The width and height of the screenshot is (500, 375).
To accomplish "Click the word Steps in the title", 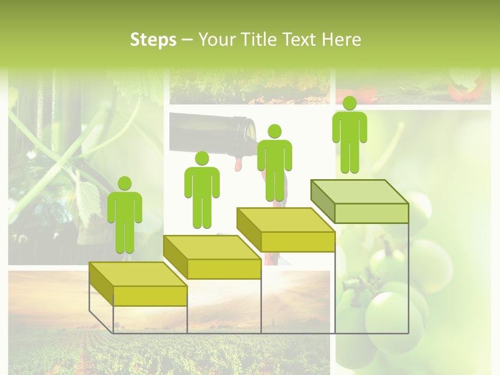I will pyautogui.click(x=153, y=40).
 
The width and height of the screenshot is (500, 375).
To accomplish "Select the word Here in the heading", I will pyautogui.click(x=342, y=40).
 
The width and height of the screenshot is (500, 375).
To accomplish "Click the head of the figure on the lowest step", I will pyautogui.click(x=124, y=183).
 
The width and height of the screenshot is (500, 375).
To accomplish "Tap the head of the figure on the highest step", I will pyautogui.click(x=349, y=103).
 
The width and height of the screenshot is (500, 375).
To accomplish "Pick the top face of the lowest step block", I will pyautogui.click(x=138, y=274).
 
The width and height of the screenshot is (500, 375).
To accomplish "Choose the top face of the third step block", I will pyautogui.click(x=285, y=220).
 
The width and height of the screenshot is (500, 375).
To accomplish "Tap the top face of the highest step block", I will pyautogui.click(x=359, y=192).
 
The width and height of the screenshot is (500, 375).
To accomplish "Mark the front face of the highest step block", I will pyautogui.click(x=371, y=214).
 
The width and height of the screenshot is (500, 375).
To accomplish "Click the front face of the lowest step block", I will pyautogui.click(x=150, y=296).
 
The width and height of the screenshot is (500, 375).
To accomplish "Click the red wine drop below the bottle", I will pyautogui.click(x=239, y=165).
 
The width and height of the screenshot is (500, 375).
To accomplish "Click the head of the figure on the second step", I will pyautogui.click(x=202, y=158).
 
